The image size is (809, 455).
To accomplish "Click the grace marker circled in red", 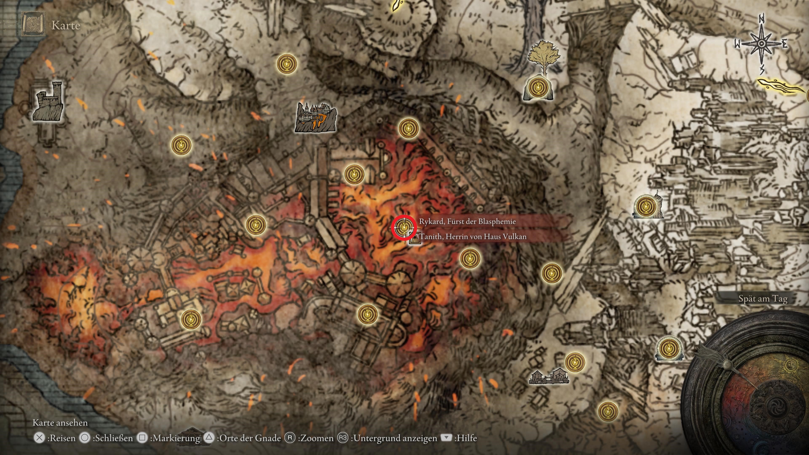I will [404, 226].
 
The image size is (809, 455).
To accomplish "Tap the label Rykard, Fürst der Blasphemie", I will [467, 221].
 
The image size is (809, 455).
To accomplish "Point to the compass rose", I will [761, 44].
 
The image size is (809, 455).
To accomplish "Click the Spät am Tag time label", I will [762, 299].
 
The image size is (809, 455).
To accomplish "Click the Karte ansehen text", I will [60, 423].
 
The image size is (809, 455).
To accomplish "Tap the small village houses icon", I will [549, 377].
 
